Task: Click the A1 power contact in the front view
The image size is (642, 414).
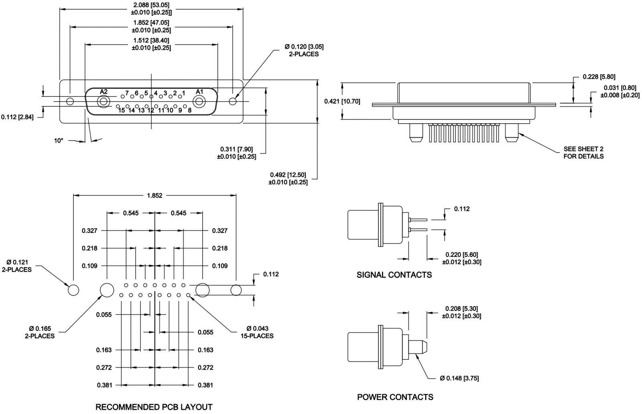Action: click(199, 101)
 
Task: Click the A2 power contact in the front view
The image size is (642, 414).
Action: click(104, 101)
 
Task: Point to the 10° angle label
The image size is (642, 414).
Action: click(59, 141)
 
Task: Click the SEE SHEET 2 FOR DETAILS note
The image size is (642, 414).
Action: click(583, 153)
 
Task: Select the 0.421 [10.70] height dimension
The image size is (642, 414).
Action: click(342, 101)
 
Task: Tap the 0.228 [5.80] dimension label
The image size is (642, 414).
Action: click(599, 77)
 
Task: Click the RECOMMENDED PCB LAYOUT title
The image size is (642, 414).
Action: click(154, 407)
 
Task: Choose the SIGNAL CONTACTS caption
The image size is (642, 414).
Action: click(394, 275)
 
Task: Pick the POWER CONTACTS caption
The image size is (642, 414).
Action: click(395, 397)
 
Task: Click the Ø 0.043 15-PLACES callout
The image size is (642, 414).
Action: click(257, 332)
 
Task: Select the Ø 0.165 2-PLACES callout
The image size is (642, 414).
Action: click(40, 332)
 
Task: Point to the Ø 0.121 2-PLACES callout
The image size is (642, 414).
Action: click(17, 266)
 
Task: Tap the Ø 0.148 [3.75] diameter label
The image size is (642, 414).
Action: click(459, 378)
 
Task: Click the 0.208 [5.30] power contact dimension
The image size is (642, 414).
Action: click(461, 312)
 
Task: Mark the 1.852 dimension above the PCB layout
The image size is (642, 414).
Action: click(154, 196)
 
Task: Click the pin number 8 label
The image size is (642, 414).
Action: click(189, 110)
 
